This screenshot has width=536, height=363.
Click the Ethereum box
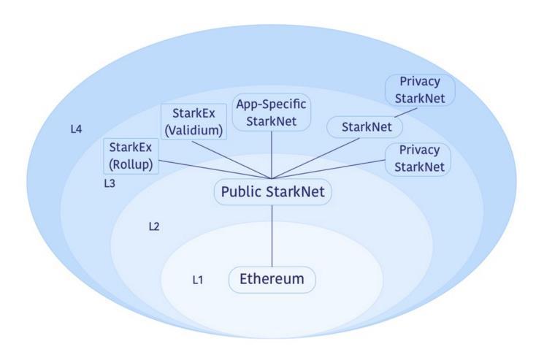click(x=272, y=280)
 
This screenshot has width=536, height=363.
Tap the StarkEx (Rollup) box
click(x=131, y=155)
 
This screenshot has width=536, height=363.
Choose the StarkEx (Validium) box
click(x=194, y=121)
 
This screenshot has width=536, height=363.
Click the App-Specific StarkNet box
click(x=272, y=112)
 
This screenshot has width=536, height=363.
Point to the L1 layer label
click(x=197, y=280)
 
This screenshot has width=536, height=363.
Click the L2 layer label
click(x=154, y=226)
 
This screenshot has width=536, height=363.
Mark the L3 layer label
click(x=110, y=183)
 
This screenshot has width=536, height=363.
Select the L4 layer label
click(x=75, y=129)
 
